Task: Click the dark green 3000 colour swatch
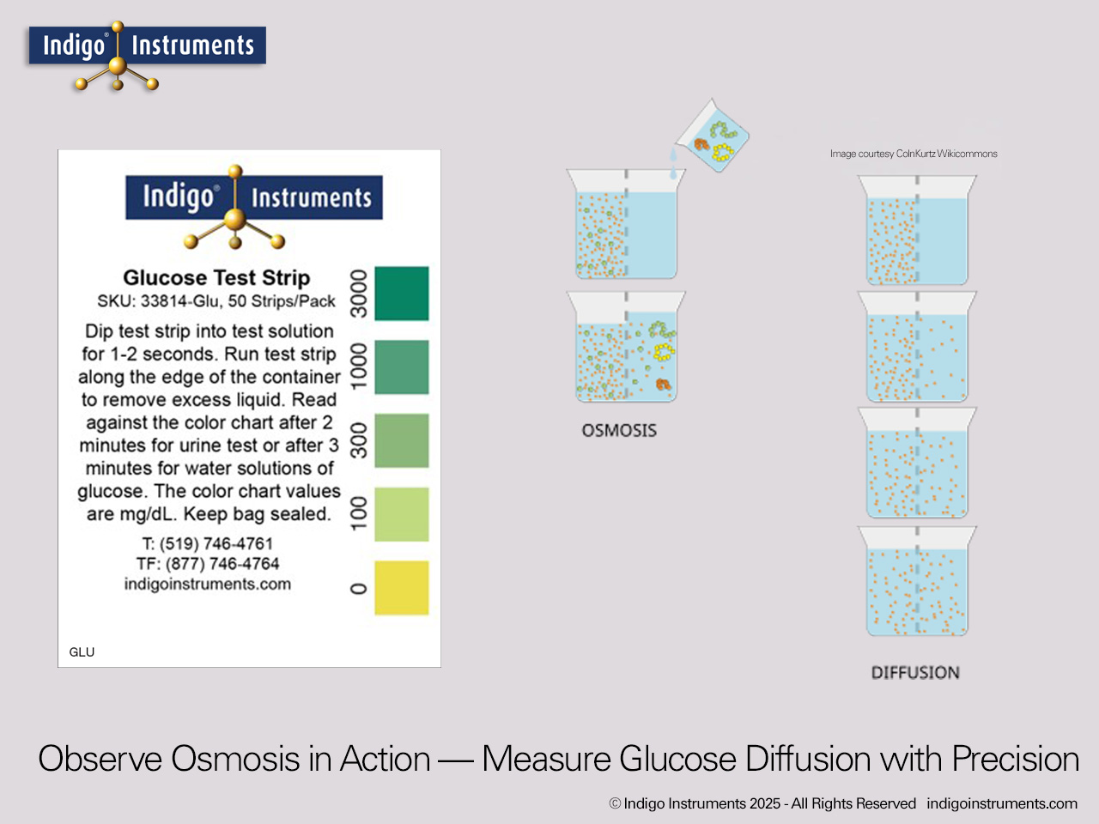pyautogui.click(x=402, y=294)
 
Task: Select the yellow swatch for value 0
pyautogui.click(x=402, y=588)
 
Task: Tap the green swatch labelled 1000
pyautogui.click(x=402, y=367)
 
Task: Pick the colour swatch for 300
pyautogui.click(x=402, y=441)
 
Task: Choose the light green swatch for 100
pyautogui.click(x=402, y=514)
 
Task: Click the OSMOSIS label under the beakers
pyautogui.click(x=619, y=430)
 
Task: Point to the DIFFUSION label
pyautogui.click(x=915, y=672)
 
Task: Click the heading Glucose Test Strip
pyautogui.click(x=216, y=277)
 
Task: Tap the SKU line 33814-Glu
pyautogui.click(x=216, y=301)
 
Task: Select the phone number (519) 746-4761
pyautogui.click(x=208, y=543)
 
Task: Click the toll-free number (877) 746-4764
pyautogui.click(x=208, y=564)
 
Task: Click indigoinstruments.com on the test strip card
pyautogui.click(x=208, y=584)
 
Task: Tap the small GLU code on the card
pyautogui.click(x=82, y=652)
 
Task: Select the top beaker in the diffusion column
pyautogui.click(x=917, y=230)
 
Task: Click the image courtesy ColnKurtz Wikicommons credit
pyautogui.click(x=914, y=154)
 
